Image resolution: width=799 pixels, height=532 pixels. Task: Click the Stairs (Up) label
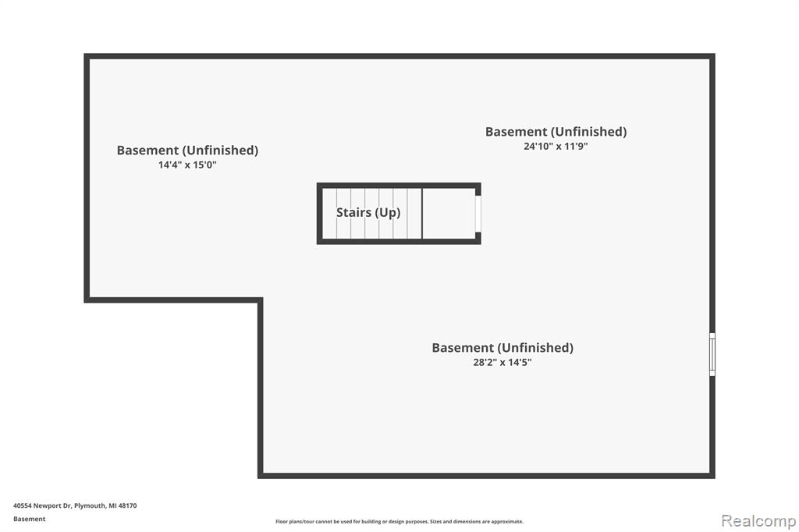coord(368,212)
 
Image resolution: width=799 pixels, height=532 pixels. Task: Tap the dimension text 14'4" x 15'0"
coord(187,165)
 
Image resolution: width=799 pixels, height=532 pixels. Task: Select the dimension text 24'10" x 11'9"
coord(556,146)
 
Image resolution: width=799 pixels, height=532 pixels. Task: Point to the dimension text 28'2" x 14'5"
coord(502,362)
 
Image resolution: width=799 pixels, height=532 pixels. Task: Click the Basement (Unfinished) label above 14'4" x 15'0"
coord(187,151)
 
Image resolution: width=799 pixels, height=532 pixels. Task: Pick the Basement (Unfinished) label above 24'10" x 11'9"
coord(556,132)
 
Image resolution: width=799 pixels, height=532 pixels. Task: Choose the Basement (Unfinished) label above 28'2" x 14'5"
coord(502,348)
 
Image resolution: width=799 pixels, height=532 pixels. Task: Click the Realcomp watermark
coord(758,521)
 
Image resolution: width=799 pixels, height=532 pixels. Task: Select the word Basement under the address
coord(29,519)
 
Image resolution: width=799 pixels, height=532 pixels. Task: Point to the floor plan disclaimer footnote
coord(399,521)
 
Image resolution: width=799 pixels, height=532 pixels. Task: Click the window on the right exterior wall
coord(712,355)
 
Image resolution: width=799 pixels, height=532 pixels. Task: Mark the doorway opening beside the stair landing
coord(478,214)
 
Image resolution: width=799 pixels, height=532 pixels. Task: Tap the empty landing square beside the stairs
coord(449,214)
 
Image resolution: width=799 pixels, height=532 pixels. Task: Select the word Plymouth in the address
coord(91,505)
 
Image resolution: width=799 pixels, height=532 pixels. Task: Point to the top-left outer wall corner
coord(87,56)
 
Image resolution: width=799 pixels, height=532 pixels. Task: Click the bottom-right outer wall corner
coord(712,475)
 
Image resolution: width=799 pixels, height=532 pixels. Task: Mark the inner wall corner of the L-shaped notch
coord(261,300)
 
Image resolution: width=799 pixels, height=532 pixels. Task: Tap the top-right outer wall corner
coord(712,56)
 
